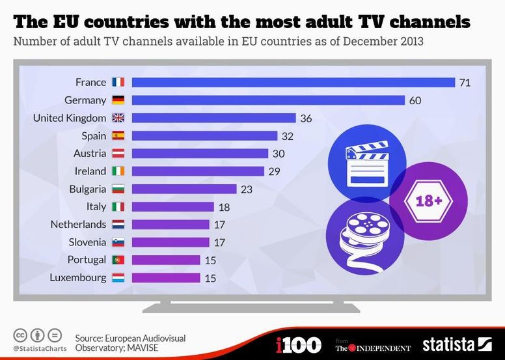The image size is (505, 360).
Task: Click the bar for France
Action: (x=293, y=82)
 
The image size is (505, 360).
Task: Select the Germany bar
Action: (x=268, y=100)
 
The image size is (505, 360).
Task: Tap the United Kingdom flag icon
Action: (x=118, y=118)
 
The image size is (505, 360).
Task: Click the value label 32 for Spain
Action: (x=287, y=136)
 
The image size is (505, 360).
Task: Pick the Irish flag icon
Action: (x=118, y=171)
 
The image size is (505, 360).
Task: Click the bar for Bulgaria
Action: (x=184, y=189)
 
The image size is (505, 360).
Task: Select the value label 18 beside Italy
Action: (x=223, y=206)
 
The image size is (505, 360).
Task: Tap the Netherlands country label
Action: (x=78, y=224)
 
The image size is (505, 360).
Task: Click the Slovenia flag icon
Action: (x=118, y=242)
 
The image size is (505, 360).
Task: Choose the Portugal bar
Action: (x=166, y=260)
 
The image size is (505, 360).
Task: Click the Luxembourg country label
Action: (x=77, y=277)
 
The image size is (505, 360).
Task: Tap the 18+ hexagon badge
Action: (x=429, y=201)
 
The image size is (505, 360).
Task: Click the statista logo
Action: (x=457, y=344)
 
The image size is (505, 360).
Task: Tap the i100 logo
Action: (x=299, y=344)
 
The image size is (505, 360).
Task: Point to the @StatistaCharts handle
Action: (x=37, y=350)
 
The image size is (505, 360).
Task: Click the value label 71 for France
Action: (x=464, y=83)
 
